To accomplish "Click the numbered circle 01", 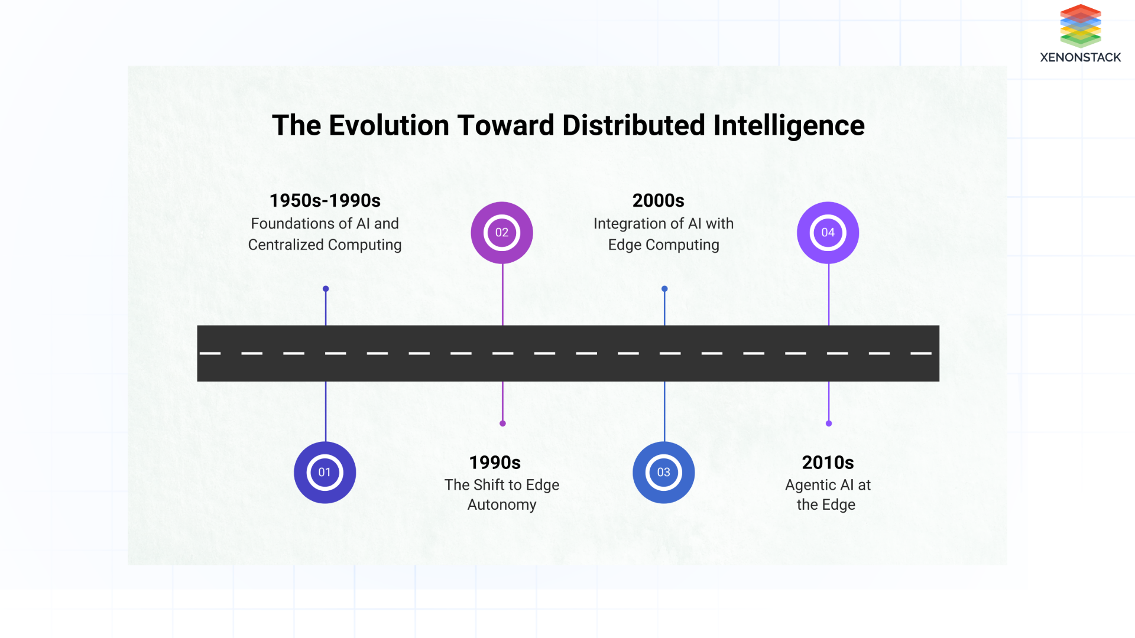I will [325, 473].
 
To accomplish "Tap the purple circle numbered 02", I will [502, 233].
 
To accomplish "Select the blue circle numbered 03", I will [663, 473].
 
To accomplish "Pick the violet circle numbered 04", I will [828, 233].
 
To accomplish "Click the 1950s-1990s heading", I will [325, 201].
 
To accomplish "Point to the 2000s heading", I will [658, 201].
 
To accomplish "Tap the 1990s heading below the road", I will [495, 463].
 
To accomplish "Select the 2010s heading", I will [828, 463].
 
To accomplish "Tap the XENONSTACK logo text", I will [1080, 57].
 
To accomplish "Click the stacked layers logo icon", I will [1080, 26].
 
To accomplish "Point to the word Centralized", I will [286, 245].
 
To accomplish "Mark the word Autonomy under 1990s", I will [502, 505].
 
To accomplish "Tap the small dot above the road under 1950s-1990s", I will [326, 289].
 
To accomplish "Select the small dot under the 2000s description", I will [664, 289].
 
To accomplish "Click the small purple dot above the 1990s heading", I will [502, 424].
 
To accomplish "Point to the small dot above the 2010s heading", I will [829, 424].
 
